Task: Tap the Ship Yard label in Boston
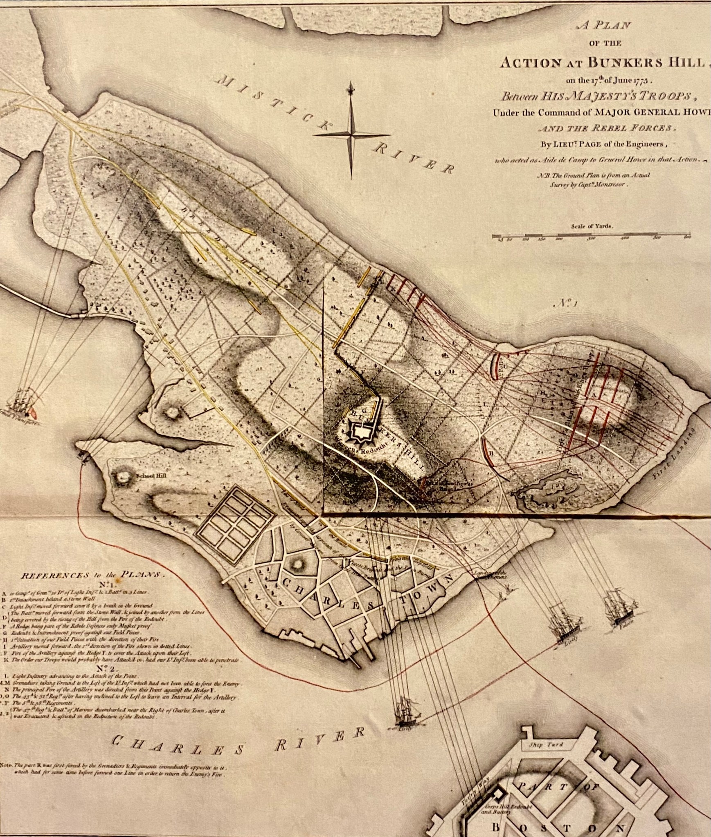tap(546, 745)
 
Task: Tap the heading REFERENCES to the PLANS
tap(91, 574)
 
